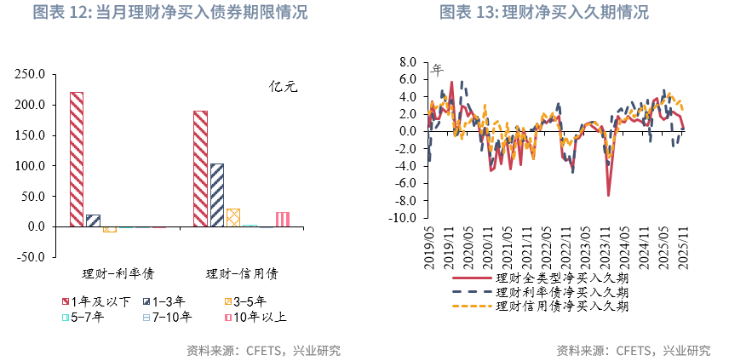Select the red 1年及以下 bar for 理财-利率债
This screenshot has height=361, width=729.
pos(77,158)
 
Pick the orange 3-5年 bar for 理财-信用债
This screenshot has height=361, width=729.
pos(233,217)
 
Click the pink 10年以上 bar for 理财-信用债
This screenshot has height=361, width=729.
pos(282,219)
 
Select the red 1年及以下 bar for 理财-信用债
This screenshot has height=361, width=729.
pos(201,169)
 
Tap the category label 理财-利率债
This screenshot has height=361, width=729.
pos(112,274)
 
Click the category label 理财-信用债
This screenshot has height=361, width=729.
pos(242,274)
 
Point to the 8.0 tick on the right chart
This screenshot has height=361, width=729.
pos(407,62)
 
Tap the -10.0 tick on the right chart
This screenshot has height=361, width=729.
pos(404,218)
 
